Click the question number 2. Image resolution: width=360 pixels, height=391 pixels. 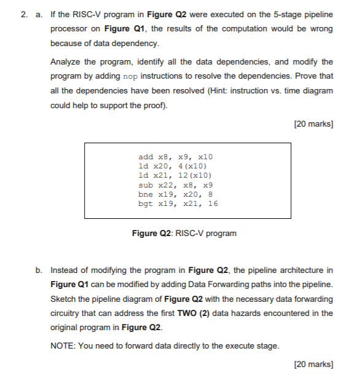pos(23,14)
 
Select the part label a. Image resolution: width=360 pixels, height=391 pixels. pos(38,14)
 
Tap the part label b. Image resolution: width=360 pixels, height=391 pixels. pos(39,269)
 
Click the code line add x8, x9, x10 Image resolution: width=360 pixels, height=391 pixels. pos(176,157)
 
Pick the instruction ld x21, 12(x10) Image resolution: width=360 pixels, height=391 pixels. pos(176,175)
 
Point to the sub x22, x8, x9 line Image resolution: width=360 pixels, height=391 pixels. pos(176,184)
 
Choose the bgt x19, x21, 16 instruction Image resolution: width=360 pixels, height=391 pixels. pos(178,203)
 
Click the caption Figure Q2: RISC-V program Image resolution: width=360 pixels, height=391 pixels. pos(184,233)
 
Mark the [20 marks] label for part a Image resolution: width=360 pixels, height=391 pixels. pos(314,124)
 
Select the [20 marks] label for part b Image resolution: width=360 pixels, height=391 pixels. pos(314,365)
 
